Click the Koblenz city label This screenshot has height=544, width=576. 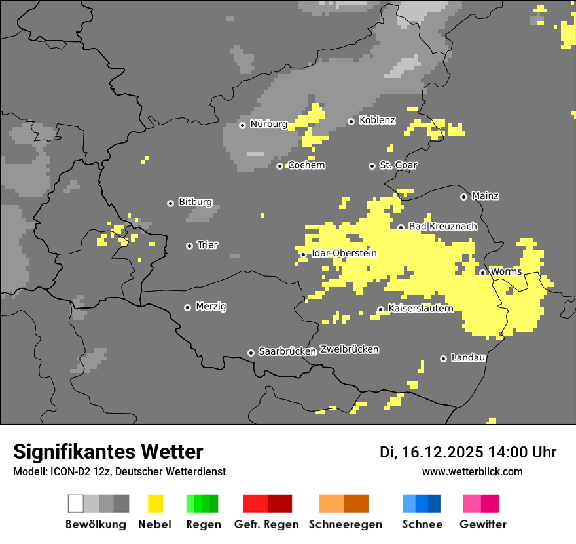click(x=377, y=120)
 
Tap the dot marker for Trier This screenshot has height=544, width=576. click(x=190, y=246)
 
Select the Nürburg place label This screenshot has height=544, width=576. click(x=268, y=124)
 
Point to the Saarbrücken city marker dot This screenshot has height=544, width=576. click(x=251, y=353)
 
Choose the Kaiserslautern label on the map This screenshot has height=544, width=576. click(x=420, y=308)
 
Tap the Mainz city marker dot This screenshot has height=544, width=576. click(x=463, y=197)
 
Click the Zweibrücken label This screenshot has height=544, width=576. click(x=349, y=349)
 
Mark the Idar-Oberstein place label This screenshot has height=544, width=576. click(x=344, y=253)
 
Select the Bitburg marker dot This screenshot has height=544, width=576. click(x=170, y=203)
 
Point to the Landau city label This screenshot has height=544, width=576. click(x=468, y=357)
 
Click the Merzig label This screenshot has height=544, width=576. click(x=211, y=306)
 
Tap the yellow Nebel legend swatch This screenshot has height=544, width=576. click(x=155, y=503)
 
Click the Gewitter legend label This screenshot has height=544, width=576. click(x=483, y=524)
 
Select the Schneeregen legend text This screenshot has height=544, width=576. click(x=346, y=524)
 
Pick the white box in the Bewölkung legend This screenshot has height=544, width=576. click(x=76, y=503)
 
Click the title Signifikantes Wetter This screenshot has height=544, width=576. click(x=108, y=452)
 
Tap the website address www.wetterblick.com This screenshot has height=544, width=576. click(x=472, y=471)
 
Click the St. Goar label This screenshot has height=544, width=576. click(x=398, y=165)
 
